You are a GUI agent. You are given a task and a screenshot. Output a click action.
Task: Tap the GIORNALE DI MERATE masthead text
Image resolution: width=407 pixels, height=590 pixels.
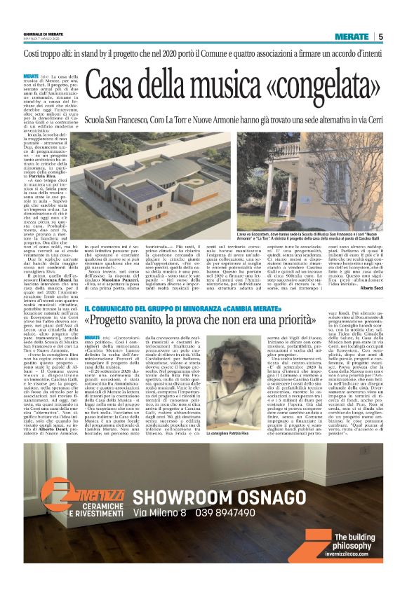pyautogui.click(x=44, y=36)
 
